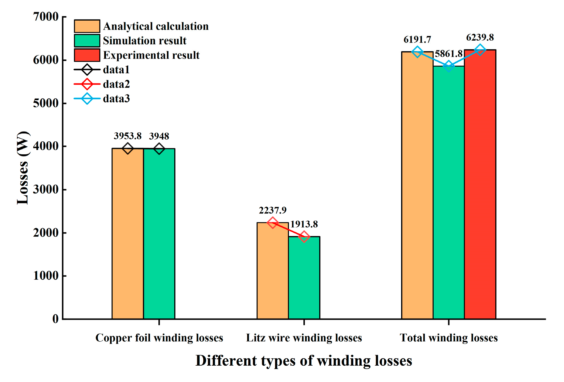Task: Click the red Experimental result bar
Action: click(x=480, y=185)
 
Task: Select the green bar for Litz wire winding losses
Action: click(x=304, y=277)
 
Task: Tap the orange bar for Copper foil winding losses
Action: click(x=128, y=234)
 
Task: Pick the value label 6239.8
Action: click(x=480, y=38)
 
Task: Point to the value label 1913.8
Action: click(x=304, y=224)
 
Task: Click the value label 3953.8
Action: click(x=128, y=136)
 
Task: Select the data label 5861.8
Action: click(x=448, y=54)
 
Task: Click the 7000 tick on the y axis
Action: click(x=46, y=17)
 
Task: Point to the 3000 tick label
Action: click(x=46, y=189)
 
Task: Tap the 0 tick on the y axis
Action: click(x=55, y=319)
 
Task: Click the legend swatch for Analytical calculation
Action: click(x=87, y=26)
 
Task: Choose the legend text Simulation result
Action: click(x=144, y=41)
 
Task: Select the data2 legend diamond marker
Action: click(x=87, y=84)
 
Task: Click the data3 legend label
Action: click(x=116, y=99)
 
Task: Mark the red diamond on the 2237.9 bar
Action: click(x=272, y=223)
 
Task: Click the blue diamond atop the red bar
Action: click(x=480, y=50)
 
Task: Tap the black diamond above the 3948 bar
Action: click(x=159, y=149)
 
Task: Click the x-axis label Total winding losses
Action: click(x=448, y=338)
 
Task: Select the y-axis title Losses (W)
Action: click(x=23, y=168)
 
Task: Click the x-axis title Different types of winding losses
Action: click(x=304, y=360)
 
